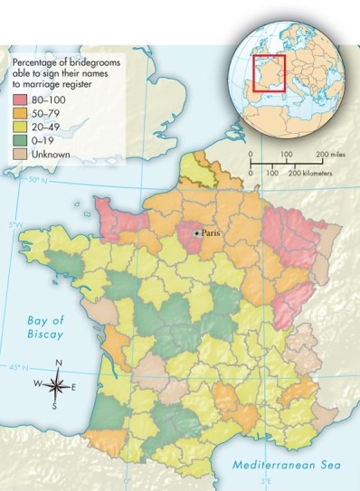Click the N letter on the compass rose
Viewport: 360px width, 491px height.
[58, 364]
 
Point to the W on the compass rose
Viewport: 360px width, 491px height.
[38, 383]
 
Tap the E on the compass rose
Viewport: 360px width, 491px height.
[74, 386]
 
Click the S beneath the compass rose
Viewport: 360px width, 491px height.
[54, 406]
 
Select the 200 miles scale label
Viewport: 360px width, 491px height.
[330, 156]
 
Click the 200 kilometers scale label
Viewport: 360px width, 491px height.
[311, 172]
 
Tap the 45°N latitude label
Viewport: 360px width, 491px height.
[17, 368]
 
